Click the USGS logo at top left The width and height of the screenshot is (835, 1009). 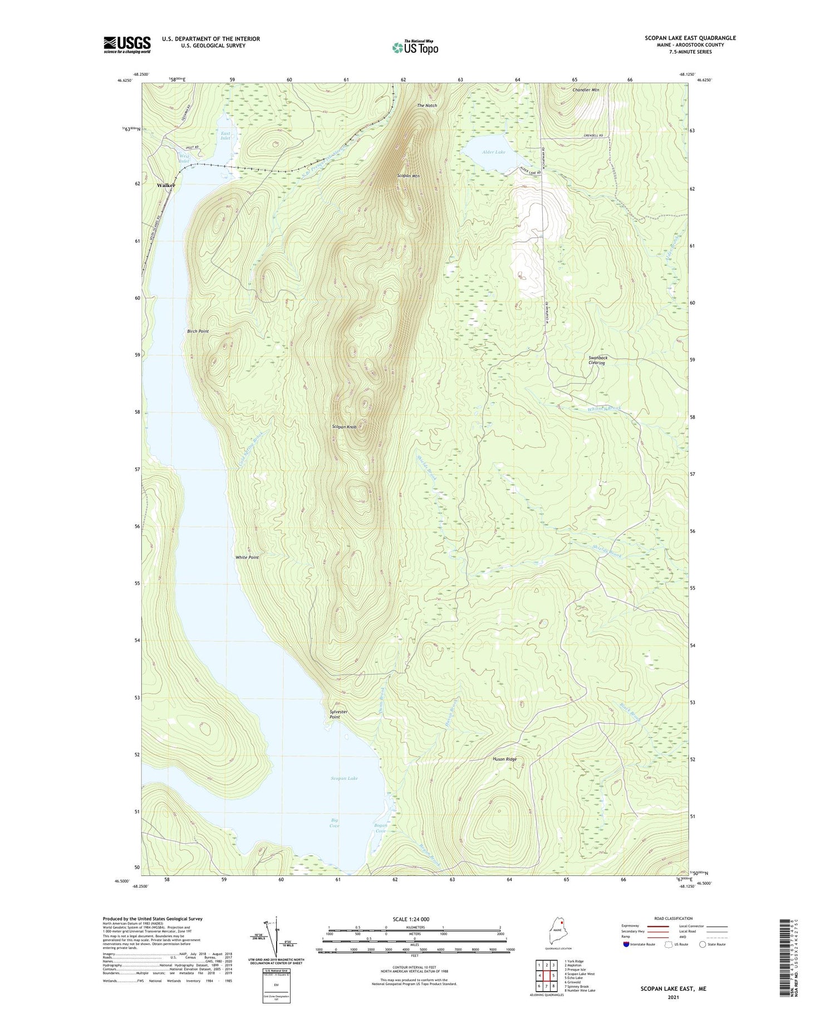tap(127, 45)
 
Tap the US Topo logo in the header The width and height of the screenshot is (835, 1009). tap(415, 48)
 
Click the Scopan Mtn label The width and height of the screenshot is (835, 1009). tap(408, 176)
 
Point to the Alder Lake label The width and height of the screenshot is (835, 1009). tap(494, 151)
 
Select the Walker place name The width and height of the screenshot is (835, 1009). tap(166, 185)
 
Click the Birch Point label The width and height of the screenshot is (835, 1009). tap(198, 331)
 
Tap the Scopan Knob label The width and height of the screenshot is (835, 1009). tap(344, 427)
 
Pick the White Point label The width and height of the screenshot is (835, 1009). tap(247, 557)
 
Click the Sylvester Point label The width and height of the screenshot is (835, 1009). tap(338, 714)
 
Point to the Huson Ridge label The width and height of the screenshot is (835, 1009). tap(504, 759)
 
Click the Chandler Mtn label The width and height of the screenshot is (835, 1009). tap(586, 90)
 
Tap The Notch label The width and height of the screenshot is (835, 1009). tap(427, 106)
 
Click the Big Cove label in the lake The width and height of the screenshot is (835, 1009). tap(335, 823)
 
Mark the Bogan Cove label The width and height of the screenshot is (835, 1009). tap(381, 828)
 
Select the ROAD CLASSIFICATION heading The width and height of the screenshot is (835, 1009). tap(674, 918)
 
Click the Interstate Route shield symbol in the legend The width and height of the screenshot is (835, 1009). tap(626, 944)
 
